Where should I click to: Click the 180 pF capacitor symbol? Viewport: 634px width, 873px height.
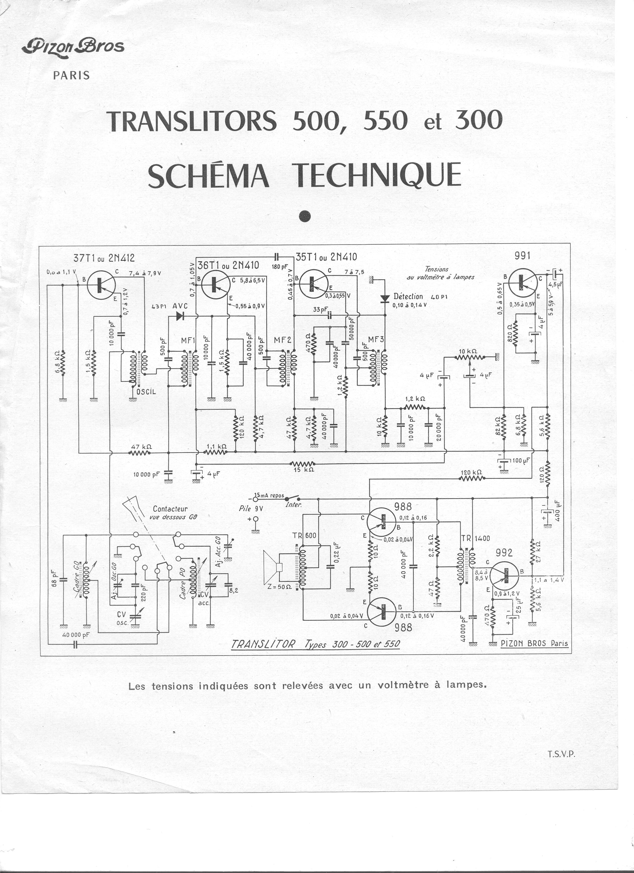tap(277, 256)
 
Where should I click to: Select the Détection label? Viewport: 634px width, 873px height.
tap(408, 296)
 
